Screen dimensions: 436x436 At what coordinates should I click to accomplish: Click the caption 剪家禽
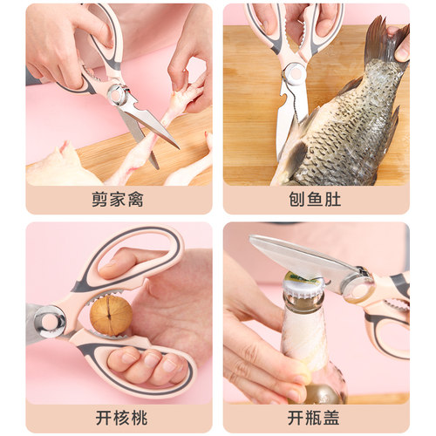tap(118, 200)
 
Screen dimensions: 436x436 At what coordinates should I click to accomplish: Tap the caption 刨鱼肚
tap(316, 200)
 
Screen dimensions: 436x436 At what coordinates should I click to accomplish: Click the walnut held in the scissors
tap(112, 315)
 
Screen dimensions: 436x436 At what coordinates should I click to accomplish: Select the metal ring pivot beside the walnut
tap(50, 321)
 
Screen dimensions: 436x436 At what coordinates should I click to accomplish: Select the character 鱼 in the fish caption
tap(316, 200)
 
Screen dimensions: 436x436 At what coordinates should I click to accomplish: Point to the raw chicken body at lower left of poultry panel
tap(57, 166)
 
